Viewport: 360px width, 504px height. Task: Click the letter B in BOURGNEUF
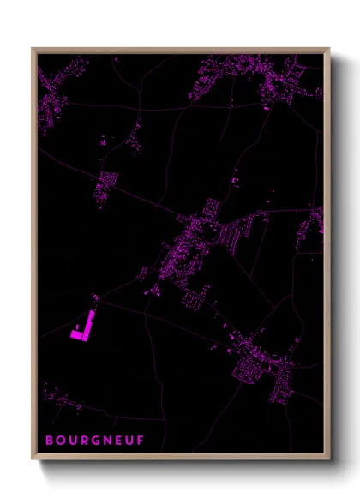(x=50, y=441)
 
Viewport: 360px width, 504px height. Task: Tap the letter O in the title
(x=62, y=441)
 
